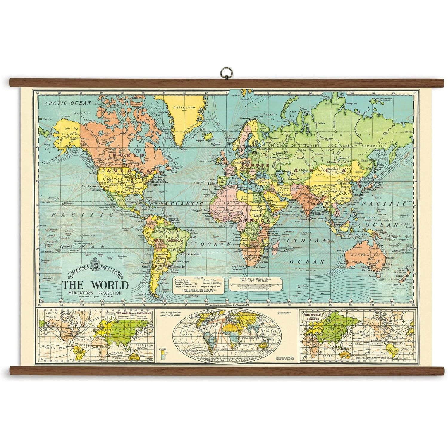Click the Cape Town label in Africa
[238, 266]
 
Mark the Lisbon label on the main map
[214, 184]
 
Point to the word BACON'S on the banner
[79, 272]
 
